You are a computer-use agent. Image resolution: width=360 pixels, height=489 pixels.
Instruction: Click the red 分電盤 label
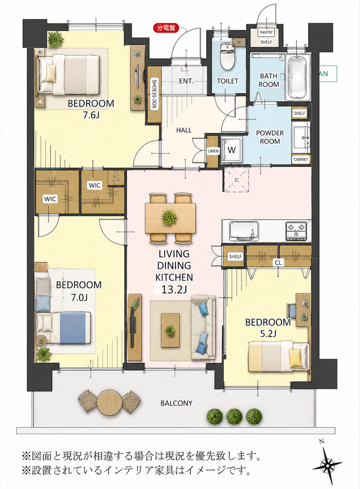(166, 28)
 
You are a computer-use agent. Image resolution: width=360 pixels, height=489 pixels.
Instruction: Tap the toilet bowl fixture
(227, 56)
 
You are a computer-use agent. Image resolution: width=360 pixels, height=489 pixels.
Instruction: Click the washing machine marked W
(231, 150)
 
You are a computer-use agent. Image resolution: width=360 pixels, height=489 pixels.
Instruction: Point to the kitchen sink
(244, 231)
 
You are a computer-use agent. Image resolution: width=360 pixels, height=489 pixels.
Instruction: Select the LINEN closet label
(213, 151)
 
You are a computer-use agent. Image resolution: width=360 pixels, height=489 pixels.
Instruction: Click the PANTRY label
(266, 32)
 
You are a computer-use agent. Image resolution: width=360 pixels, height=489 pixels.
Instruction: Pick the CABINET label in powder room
(301, 160)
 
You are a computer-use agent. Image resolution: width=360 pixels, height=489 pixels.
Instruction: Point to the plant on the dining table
(170, 217)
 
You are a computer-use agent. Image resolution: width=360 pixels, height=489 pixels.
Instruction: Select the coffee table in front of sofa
(170, 330)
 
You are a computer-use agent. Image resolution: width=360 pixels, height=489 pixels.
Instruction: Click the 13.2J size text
(174, 290)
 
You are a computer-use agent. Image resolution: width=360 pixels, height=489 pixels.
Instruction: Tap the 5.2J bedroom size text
(269, 334)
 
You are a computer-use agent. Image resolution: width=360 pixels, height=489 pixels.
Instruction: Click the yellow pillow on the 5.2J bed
(295, 358)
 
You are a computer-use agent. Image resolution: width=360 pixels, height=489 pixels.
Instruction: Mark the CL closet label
(278, 263)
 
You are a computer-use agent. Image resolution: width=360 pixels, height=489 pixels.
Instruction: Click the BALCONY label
(177, 403)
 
